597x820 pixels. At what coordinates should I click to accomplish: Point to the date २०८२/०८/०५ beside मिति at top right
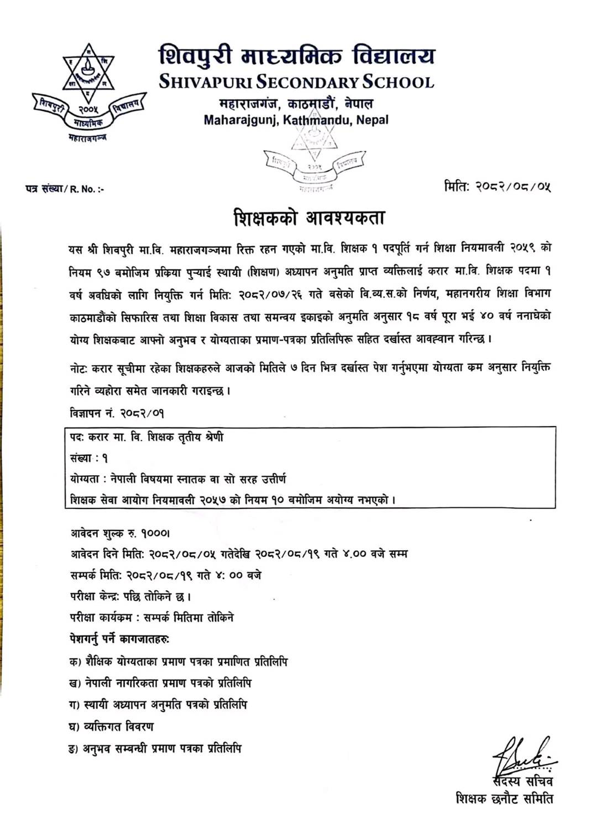(513, 187)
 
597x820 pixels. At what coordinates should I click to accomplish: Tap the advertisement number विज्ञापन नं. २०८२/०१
(117, 413)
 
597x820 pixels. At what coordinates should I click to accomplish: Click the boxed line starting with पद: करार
(147, 437)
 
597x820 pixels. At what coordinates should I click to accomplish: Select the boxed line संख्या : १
(89, 458)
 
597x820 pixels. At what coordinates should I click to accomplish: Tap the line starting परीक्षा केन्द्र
(130, 597)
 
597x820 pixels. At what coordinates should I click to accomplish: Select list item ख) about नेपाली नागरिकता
(160, 683)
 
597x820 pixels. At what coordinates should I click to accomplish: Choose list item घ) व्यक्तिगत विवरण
(112, 726)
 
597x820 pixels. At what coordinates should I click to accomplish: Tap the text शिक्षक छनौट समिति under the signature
(504, 798)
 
